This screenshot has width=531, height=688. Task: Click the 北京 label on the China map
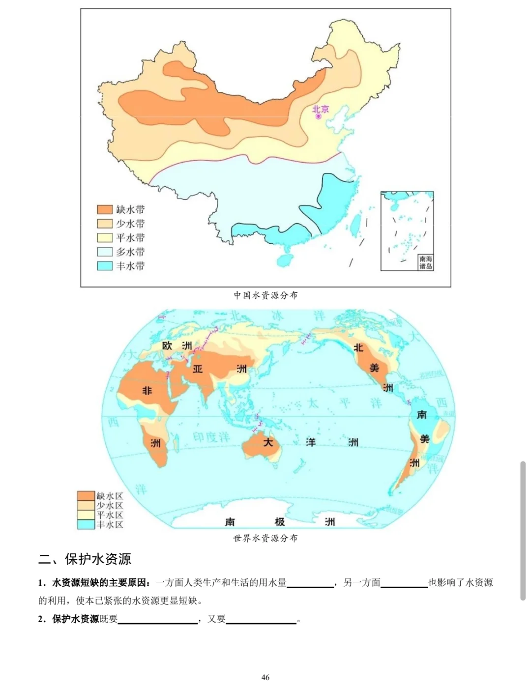(x=321, y=109)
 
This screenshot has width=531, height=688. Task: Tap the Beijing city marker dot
(x=318, y=117)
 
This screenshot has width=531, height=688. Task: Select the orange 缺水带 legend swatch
(x=105, y=209)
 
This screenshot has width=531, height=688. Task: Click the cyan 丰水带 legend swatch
(x=105, y=266)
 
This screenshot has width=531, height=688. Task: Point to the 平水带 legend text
(x=130, y=238)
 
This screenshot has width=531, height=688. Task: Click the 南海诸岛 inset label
(x=425, y=262)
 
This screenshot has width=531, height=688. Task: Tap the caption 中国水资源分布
(x=265, y=295)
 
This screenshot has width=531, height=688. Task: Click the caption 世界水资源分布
(x=265, y=538)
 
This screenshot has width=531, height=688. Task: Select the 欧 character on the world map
(x=167, y=346)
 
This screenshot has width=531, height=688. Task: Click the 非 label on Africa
(x=147, y=391)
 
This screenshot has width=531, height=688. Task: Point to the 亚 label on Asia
(x=198, y=369)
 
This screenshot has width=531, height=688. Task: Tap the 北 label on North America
(x=358, y=348)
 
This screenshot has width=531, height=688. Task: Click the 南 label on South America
(x=421, y=415)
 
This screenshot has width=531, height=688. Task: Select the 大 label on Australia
(x=268, y=442)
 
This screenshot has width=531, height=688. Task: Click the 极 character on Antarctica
(x=280, y=521)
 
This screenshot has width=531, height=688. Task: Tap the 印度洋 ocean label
(x=211, y=437)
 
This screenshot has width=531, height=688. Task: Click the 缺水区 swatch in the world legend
(x=86, y=496)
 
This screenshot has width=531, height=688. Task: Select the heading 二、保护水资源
(x=85, y=559)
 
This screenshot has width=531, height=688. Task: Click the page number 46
(x=265, y=677)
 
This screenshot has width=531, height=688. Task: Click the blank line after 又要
(x=261, y=619)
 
